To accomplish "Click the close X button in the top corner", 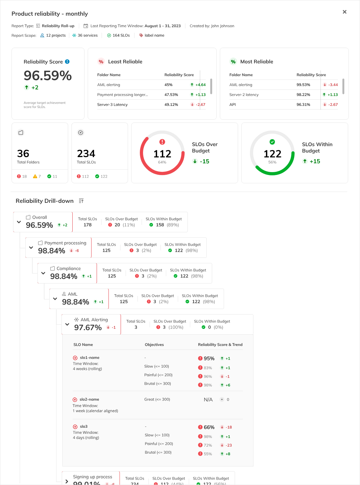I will click(345, 12).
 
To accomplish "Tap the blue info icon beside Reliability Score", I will click(67, 62).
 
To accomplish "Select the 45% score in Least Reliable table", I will click(168, 85).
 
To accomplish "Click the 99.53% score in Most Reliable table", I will click(303, 85).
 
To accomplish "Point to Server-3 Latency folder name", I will click(112, 105).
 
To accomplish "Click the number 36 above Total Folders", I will click(23, 154).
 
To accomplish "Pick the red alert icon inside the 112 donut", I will click(162, 142).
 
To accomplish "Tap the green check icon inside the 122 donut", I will click(272, 142).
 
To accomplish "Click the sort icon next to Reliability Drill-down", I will click(81, 201).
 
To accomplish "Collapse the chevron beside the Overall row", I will click(19, 222).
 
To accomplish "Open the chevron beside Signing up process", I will click(67, 481).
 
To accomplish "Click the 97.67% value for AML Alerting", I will click(88, 328).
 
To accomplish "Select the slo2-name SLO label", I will click(89, 399).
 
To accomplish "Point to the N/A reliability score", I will click(208, 400).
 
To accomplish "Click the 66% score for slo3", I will click(209, 427).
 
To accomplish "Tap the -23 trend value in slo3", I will click(228, 445).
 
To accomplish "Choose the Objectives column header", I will click(154, 345).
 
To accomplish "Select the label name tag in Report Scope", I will click(154, 36).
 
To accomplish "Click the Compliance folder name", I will click(68, 268).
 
